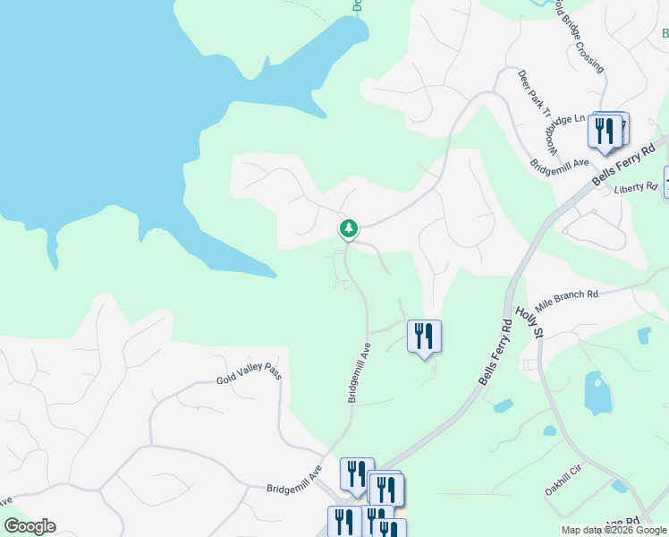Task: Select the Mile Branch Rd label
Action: coord(566,295)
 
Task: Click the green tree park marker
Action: coord(349,229)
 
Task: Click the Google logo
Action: coord(30,526)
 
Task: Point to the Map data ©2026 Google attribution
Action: coord(614,531)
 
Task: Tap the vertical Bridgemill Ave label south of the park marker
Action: coord(360,371)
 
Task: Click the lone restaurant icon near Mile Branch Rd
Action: coord(424,337)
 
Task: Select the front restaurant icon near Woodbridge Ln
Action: coord(605,132)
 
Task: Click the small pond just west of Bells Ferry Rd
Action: coord(503,405)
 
